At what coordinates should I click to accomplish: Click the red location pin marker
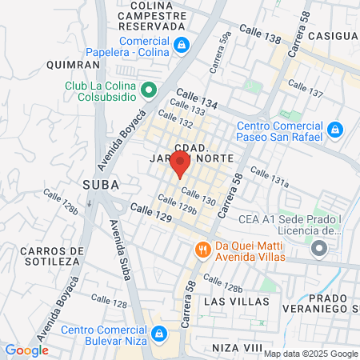tap(180, 162)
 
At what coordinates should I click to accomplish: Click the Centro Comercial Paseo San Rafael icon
tap(335, 129)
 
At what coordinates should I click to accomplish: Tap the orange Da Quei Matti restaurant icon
tap(203, 250)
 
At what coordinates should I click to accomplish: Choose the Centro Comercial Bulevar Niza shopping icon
tap(159, 333)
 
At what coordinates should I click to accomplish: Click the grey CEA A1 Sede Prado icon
tap(319, 250)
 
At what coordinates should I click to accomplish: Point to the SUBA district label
tap(101, 185)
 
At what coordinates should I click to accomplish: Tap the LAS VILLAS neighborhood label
tap(232, 301)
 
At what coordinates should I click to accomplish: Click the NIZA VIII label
tap(238, 348)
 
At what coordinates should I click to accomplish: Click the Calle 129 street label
tap(152, 213)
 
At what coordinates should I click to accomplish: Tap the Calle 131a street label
tap(269, 176)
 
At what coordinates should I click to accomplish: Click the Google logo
tap(26, 350)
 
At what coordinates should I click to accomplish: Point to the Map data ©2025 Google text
tap(311, 354)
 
